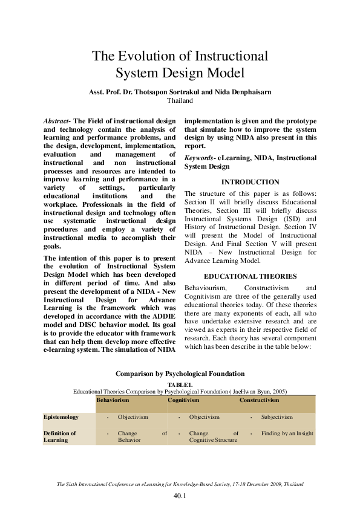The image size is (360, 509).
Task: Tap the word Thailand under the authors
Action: coord(179,101)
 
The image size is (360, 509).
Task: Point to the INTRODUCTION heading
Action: coord(250,182)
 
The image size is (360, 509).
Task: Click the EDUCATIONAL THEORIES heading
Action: coord(250,276)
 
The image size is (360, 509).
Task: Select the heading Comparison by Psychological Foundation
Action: coord(180,374)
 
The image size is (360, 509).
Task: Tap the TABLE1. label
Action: coord(180,384)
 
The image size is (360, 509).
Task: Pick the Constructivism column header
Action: coord(259,400)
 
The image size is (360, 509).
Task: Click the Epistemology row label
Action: coord(61,417)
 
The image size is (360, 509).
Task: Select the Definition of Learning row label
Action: coord(59,436)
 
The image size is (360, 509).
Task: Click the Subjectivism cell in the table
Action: coord(277,417)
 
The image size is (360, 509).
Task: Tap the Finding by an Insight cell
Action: coord(287,433)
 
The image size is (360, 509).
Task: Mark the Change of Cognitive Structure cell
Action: coord(213,437)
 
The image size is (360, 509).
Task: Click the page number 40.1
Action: coord(180,496)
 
